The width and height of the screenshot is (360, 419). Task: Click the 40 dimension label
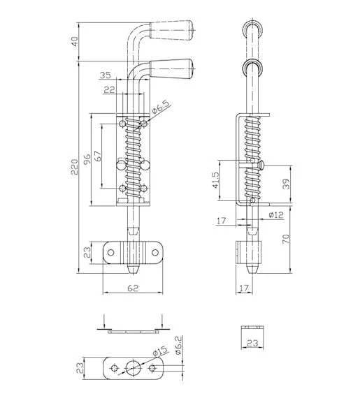point(75,42)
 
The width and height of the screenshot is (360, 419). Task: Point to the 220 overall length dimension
point(75,167)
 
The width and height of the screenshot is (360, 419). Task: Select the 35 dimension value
point(105,75)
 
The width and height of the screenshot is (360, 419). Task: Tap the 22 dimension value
point(109,89)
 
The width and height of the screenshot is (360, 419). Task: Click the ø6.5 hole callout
point(161,108)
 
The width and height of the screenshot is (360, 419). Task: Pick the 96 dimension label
point(87,159)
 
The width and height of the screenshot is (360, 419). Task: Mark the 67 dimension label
point(98,156)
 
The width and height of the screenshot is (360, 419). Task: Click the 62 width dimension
point(133,288)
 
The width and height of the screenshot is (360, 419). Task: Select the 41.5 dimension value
point(215,180)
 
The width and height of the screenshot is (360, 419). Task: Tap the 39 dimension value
point(286,184)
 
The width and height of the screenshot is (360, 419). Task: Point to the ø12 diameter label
point(275,214)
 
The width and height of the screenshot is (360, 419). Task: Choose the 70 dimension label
point(286,239)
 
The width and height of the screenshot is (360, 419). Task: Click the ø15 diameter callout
point(160,351)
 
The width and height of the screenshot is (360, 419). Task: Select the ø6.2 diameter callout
point(179,345)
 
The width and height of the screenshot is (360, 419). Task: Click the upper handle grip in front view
point(171,31)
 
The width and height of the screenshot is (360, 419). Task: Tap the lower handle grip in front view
point(171,69)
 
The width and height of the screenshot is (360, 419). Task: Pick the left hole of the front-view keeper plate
point(110,253)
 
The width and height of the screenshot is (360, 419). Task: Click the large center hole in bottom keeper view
point(134,368)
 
